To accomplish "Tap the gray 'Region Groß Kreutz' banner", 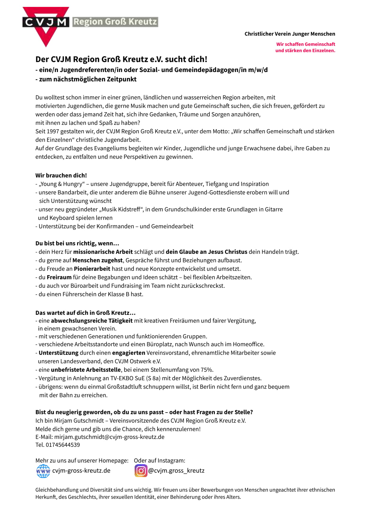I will pyautogui.click(x=115, y=22).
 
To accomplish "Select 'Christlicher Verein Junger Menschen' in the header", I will pyautogui.click(x=289, y=34).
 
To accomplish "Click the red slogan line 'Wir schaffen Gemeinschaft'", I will pyautogui.click(x=305, y=44).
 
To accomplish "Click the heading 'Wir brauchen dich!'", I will pyautogui.click(x=61, y=176).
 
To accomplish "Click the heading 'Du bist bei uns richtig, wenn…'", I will pyautogui.click(x=77, y=243).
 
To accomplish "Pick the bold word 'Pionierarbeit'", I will pyautogui.click(x=92, y=269).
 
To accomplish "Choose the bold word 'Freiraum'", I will pyautogui.click(x=59, y=277).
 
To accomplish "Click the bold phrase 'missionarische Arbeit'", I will pyautogui.click(x=103, y=252).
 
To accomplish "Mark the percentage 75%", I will pyautogui.click(x=207, y=370).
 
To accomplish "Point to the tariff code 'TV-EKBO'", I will pyautogui.click(x=122, y=378).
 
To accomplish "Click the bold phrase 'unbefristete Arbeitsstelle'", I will pyautogui.click(x=85, y=370).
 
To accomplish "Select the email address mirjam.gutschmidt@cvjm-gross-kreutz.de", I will pyautogui.click(x=109, y=437).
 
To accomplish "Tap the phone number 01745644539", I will pyautogui.click(x=63, y=445).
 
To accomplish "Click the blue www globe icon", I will pyautogui.click(x=43, y=471).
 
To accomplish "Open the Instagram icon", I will pyautogui.click(x=141, y=470).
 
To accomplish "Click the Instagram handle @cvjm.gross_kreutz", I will pyautogui.click(x=176, y=470).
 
